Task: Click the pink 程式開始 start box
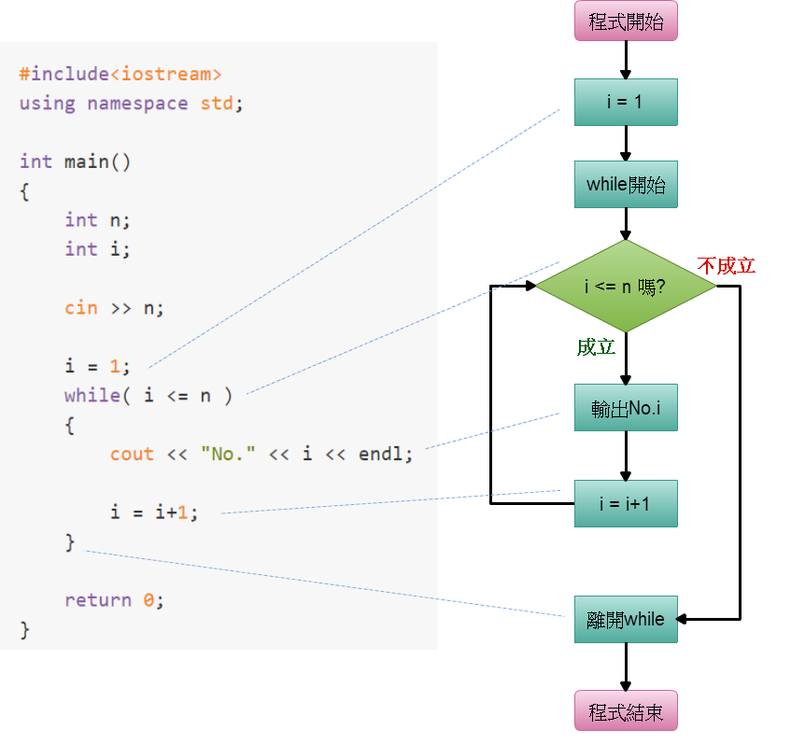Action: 626,22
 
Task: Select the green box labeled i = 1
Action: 626,102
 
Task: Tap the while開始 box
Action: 626,184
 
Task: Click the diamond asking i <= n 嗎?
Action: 626,286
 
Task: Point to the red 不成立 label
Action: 726,266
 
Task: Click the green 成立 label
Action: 596,347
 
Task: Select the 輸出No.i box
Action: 626,408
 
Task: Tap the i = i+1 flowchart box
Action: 626,504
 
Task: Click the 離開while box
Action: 626,619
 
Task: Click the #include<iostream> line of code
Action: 120,75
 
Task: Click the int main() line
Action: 76,161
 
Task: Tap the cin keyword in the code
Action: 81,307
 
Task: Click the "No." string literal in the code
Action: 228,454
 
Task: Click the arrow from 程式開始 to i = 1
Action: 626,60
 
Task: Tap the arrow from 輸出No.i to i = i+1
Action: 626,456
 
